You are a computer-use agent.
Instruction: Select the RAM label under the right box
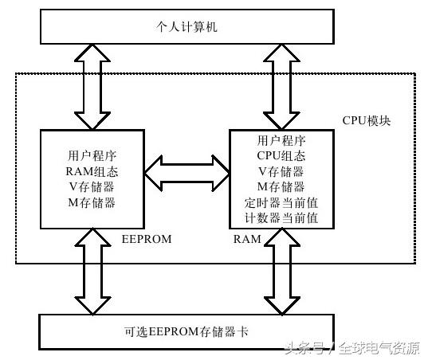tap(245, 238)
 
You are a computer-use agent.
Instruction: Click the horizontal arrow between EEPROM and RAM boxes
tap(187, 173)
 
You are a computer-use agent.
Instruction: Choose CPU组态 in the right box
tap(281, 156)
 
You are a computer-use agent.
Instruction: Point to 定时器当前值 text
tap(281, 202)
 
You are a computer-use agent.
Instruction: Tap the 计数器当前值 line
tap(281, 217)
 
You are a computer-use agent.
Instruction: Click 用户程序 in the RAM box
tap(281, 141)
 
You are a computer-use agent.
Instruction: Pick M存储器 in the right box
tap(281, 186)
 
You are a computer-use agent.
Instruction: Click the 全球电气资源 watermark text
tap(379, 348)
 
